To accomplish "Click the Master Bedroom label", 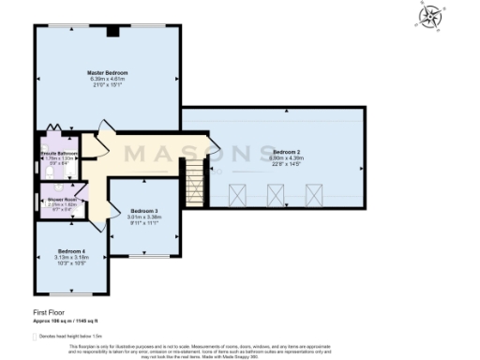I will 108,72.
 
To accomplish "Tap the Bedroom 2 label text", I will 286,151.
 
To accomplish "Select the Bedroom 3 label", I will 144,211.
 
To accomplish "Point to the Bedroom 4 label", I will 71,251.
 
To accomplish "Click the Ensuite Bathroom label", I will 58,153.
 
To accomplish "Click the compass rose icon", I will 431,17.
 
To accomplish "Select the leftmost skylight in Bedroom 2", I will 236,196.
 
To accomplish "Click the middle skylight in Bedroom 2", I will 276,196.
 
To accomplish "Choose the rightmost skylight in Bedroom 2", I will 314,196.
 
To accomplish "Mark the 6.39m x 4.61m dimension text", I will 108,79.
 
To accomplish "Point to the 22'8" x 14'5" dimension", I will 286,164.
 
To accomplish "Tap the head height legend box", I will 36,334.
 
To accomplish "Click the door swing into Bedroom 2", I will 212,148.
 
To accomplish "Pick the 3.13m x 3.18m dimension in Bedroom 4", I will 71,258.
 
